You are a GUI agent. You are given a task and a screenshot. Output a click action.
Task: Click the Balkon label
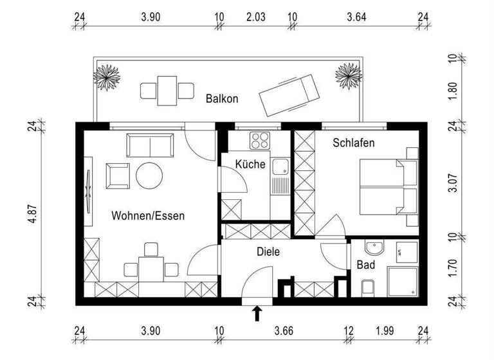click(x=222, y=99)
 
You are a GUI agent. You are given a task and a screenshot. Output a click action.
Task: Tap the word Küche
click(x=250, y=165)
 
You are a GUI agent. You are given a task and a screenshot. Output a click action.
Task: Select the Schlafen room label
click(x=353, y=143)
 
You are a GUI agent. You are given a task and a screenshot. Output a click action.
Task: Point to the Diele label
click(x=268, y=252)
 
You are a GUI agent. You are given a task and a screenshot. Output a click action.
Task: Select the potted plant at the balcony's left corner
click(x=107, y=76)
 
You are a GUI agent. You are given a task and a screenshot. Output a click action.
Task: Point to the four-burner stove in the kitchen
click(x=261, y=140)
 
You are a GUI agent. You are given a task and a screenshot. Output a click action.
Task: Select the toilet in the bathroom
click(x=368, y=287)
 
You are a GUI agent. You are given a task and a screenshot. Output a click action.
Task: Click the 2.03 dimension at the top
click(x=255, y=17)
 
